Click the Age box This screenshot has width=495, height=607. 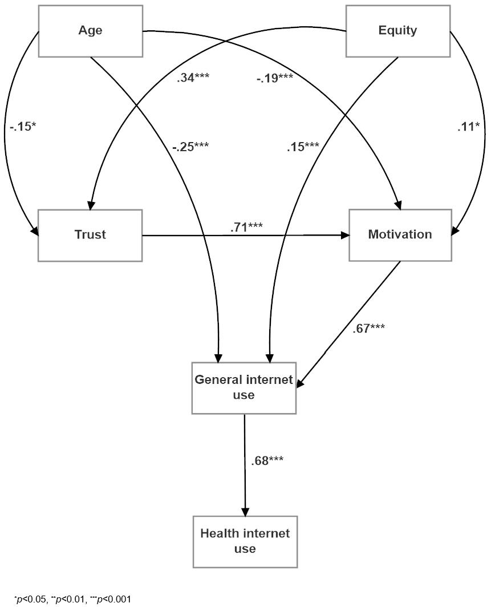tap(90, 31)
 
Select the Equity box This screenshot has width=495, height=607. tap(397, 31)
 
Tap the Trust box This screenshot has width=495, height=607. tap(90, 235)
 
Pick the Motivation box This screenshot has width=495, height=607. tap(400, 235)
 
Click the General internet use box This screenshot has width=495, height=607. tap(244, 387)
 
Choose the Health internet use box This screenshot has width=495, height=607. tap(245, 541)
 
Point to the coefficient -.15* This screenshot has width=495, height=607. tap(23, 126)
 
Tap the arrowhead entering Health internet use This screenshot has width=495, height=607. tap(245, 511)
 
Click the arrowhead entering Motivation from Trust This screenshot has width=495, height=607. tap(345, 235)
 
